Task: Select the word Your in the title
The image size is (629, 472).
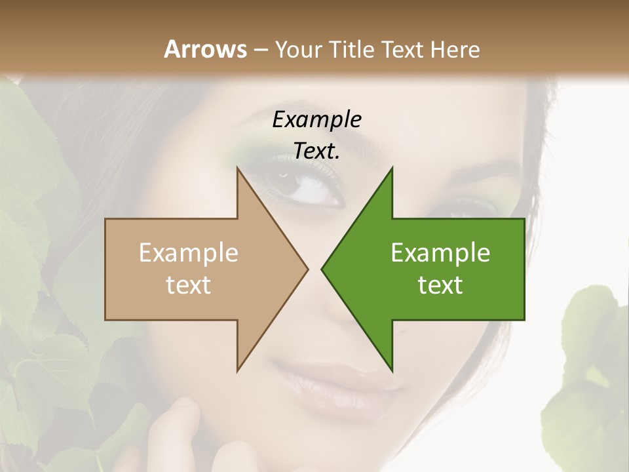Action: pos(297,49)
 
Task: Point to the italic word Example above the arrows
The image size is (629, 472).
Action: pos(316,120)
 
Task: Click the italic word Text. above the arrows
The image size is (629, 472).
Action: pos(316,151)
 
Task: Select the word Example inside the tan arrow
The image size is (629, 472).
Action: pos(189,253)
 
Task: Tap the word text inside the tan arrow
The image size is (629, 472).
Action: pos(189,285)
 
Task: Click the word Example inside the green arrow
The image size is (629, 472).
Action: pos(440,253)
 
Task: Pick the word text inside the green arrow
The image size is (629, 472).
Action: pos(440,285)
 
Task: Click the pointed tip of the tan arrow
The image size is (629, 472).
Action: pos(307,268)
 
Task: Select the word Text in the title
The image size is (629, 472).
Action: pos(402,49)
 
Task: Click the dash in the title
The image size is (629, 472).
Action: pos(260,50)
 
